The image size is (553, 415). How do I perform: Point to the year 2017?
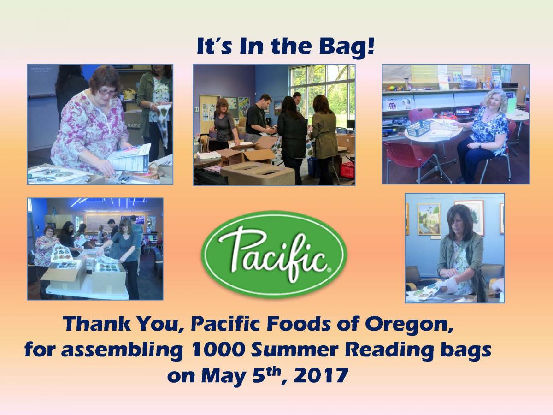321,376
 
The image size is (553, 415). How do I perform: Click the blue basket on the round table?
418,128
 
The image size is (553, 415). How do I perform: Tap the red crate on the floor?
347,170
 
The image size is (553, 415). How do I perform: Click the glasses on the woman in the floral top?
107,92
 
